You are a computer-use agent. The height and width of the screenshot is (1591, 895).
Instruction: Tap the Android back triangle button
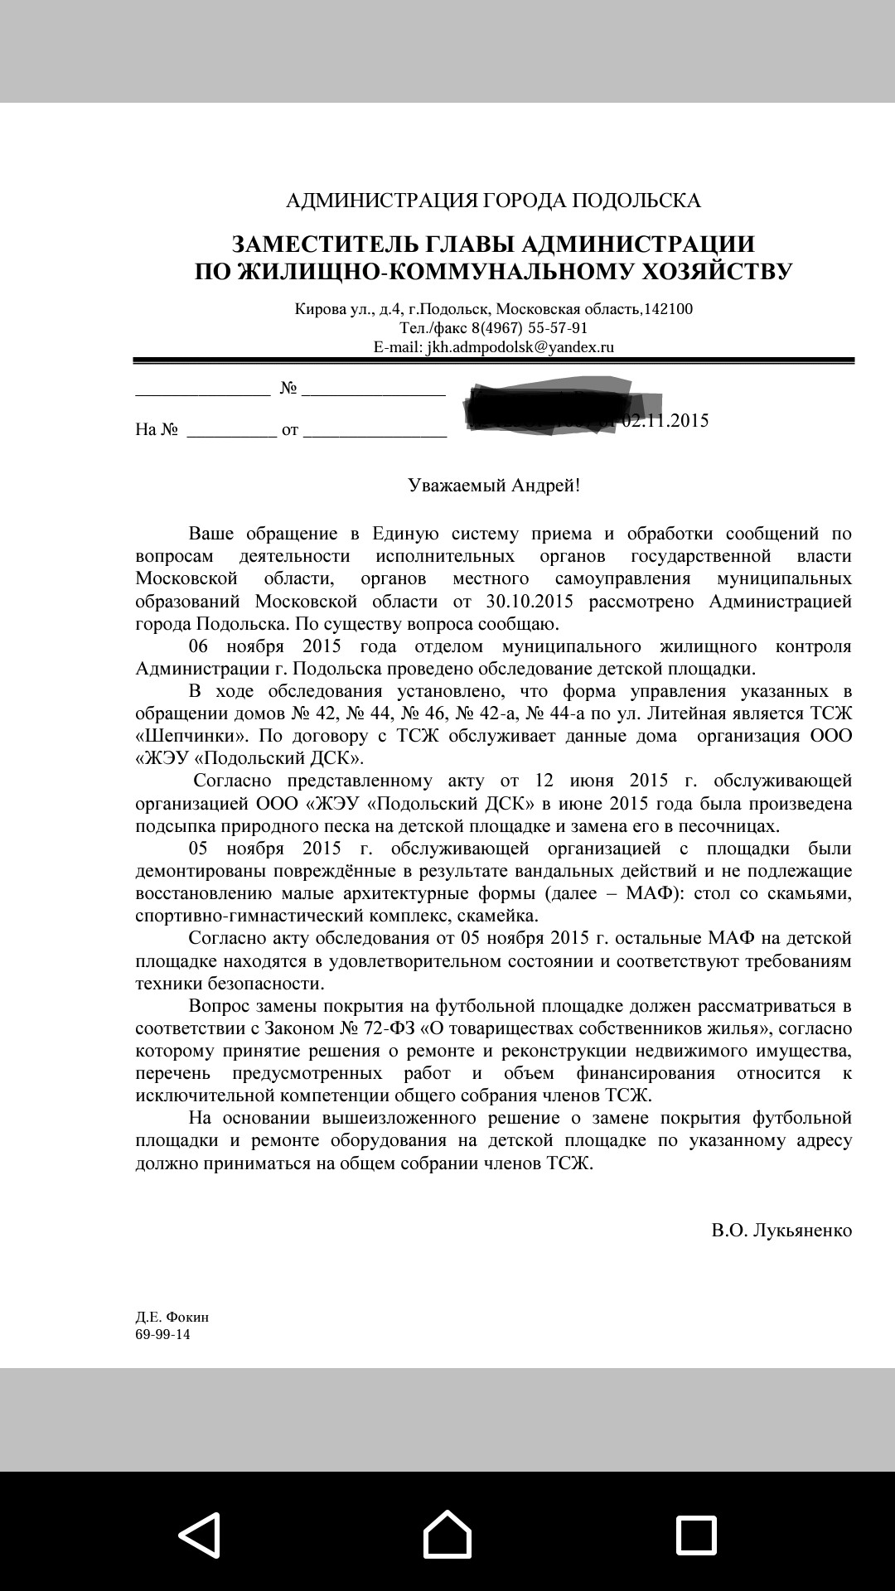tap(200, 1535)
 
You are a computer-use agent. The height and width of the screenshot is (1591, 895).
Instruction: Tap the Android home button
tap(447, 1535)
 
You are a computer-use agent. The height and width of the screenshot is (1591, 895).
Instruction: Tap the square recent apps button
tap(696, 1535)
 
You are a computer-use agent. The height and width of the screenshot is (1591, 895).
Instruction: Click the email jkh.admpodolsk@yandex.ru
tap(520, 347)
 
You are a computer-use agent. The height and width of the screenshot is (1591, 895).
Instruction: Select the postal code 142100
tap(668, 309)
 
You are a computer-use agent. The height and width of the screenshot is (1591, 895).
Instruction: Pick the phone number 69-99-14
tap(162, 1335)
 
